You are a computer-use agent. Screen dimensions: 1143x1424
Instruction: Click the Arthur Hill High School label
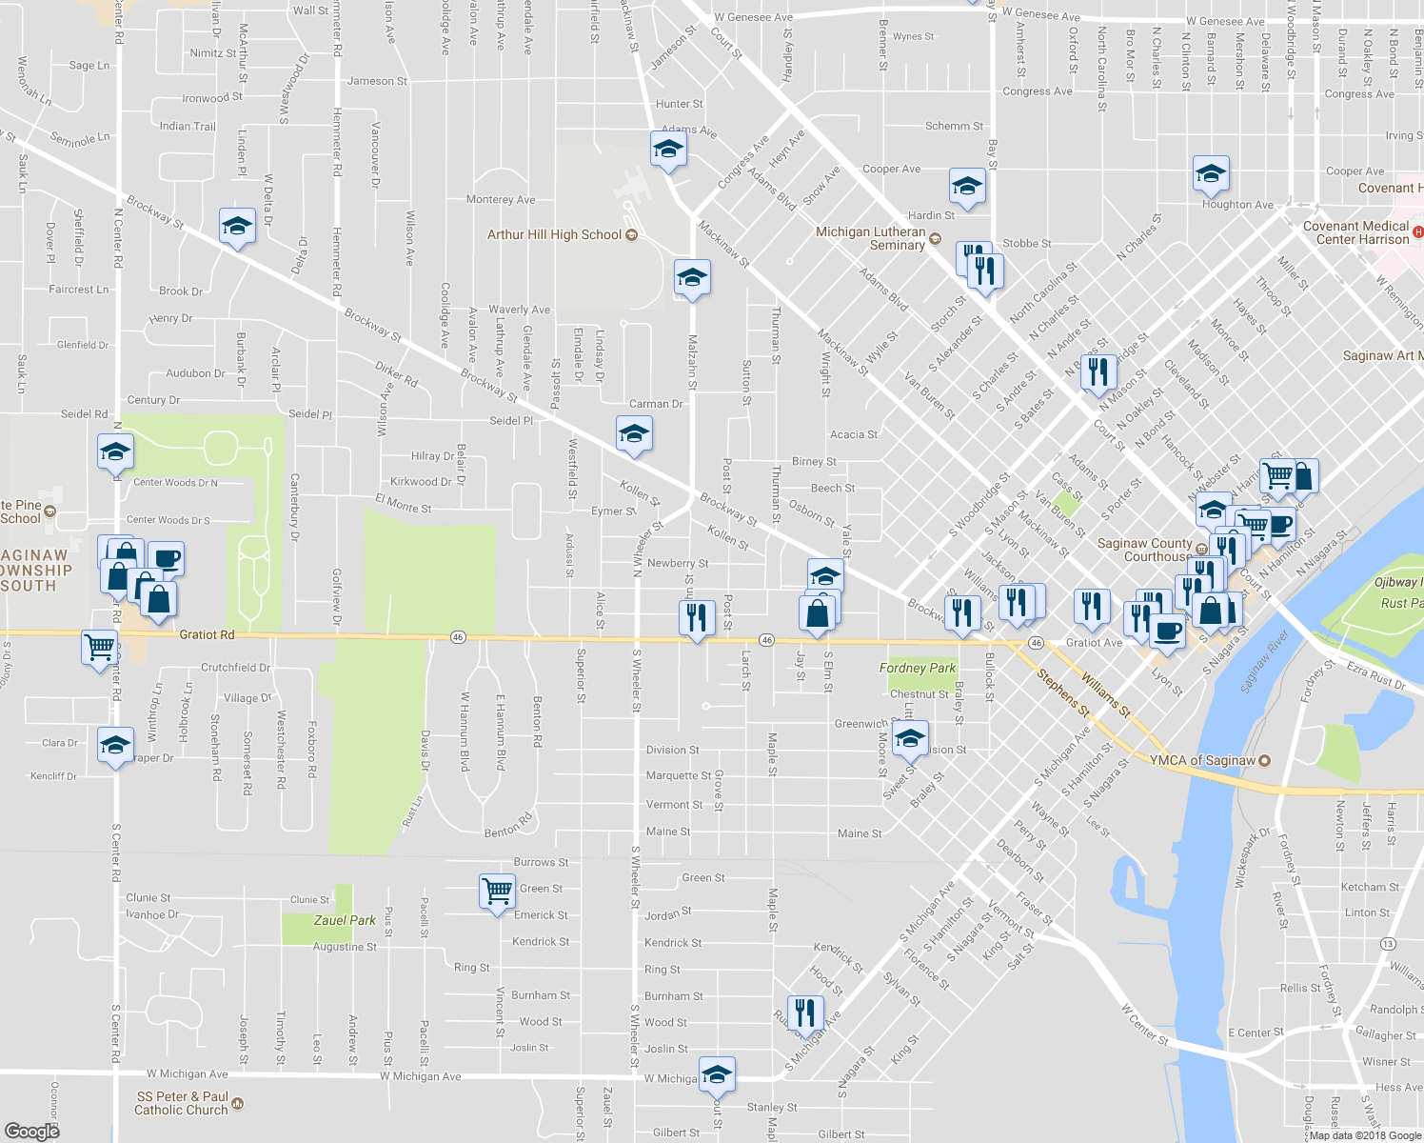pos(554,234)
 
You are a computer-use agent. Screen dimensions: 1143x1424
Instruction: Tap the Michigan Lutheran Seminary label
pos(870,238)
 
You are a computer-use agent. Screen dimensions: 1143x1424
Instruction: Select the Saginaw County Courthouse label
pos(1144,550)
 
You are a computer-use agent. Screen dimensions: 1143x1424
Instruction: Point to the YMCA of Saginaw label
pos(1202,760)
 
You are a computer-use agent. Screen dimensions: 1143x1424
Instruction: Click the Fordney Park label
pos(917,668)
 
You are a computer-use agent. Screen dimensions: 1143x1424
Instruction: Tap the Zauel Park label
pos(345,920)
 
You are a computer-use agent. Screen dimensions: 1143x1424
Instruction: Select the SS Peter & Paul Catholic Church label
pos(182,1103)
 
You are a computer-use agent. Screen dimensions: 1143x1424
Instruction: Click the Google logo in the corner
pos(31,1131)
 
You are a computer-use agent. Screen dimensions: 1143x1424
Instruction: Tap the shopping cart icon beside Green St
pos(497,892)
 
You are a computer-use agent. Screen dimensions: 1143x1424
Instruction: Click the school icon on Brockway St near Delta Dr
pos(237,227)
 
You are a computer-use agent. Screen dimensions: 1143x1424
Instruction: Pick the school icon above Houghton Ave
pos(1210,174)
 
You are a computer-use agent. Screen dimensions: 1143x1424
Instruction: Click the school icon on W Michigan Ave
pos(717,1075)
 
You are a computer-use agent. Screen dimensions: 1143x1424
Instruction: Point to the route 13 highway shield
pos(1389,943)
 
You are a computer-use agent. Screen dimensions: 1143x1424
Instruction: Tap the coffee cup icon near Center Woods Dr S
pos(166,558)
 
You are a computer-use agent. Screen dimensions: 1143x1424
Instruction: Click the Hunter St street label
pos(679,104)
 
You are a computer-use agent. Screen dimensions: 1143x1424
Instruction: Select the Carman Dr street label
pos(655,404)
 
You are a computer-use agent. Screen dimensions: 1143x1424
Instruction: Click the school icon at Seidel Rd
pos(115,451)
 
